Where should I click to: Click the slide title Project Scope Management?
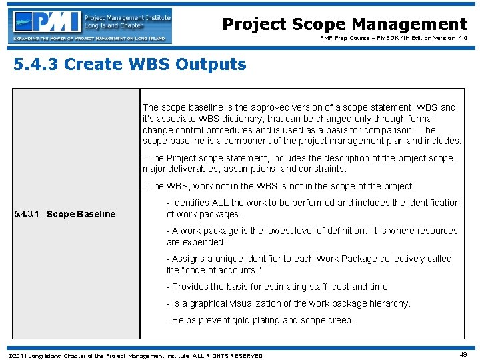(344, 25)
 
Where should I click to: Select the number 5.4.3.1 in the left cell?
(27, 214)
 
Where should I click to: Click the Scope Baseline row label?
(81, 214)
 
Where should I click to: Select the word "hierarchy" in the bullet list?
(389, 303)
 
